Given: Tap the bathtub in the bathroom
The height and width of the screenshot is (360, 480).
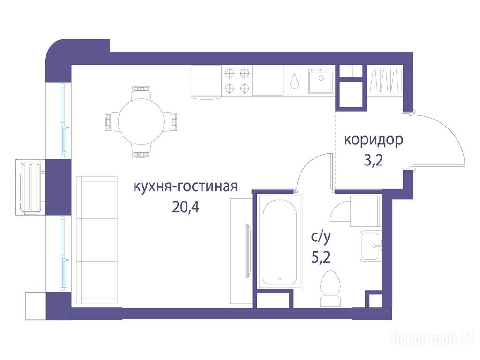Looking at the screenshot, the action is coord(279,242).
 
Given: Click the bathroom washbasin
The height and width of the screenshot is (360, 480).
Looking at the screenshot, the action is coord(370,246).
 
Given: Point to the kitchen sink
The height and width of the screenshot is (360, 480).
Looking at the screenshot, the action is coord(321,80).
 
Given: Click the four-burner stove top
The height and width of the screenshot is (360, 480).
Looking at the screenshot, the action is coord(237,81).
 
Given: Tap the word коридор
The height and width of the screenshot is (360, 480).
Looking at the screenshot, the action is coord(374,140).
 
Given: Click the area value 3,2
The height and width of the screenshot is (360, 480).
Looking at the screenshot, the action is coord(374,160).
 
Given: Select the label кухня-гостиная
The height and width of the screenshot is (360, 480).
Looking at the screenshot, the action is coord(186,186).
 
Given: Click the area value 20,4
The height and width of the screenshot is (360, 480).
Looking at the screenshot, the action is coord(186,207).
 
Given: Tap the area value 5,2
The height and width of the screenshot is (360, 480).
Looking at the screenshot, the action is coord(321,257).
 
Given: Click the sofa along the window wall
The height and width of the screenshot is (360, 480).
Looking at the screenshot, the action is coord(97,240).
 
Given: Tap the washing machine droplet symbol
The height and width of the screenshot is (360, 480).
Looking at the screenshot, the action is coord(294,80).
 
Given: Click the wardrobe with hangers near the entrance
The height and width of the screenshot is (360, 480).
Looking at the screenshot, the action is coord(385,81).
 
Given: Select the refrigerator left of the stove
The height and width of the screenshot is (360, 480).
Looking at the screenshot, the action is coord(206,82).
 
